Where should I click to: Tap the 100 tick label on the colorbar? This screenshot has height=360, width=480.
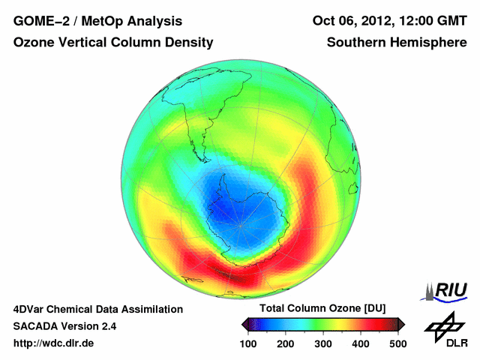tap(247, 343)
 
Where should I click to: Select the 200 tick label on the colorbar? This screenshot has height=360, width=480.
tap(285, 343)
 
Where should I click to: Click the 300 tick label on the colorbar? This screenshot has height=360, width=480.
tap(322, 343)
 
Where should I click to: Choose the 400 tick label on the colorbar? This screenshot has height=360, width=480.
tap(360, 343)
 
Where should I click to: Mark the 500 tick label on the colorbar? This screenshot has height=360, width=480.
tap(397, 343)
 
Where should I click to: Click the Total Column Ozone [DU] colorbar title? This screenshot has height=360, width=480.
tap(322, 309)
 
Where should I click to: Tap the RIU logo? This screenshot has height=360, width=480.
tap(445, 290)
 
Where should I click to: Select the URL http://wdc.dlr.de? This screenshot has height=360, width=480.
tap(54, 343)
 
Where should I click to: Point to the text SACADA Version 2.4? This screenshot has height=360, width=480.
tap(64, 326)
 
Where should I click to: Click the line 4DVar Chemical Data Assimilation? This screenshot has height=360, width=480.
tap(98, 309)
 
